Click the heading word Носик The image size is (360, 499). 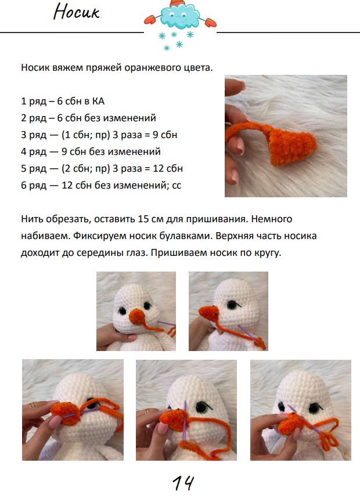[x=77, y=12]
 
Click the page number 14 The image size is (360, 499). [x=183, y=483]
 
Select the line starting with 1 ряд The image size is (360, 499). [x=63, y=101]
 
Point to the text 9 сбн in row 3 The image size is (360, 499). [x=165, y=135]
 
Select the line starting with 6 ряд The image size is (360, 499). [x=101, y=185]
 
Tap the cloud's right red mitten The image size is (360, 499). [x=211, y=22]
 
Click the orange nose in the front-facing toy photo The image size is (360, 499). [x=137, y=316]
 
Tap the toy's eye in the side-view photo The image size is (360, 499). [x=232, y=305]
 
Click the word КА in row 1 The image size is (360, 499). [x=99, y=101]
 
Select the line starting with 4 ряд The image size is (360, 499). [x=91, y=151]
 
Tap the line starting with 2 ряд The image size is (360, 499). [x=89, y=118]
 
